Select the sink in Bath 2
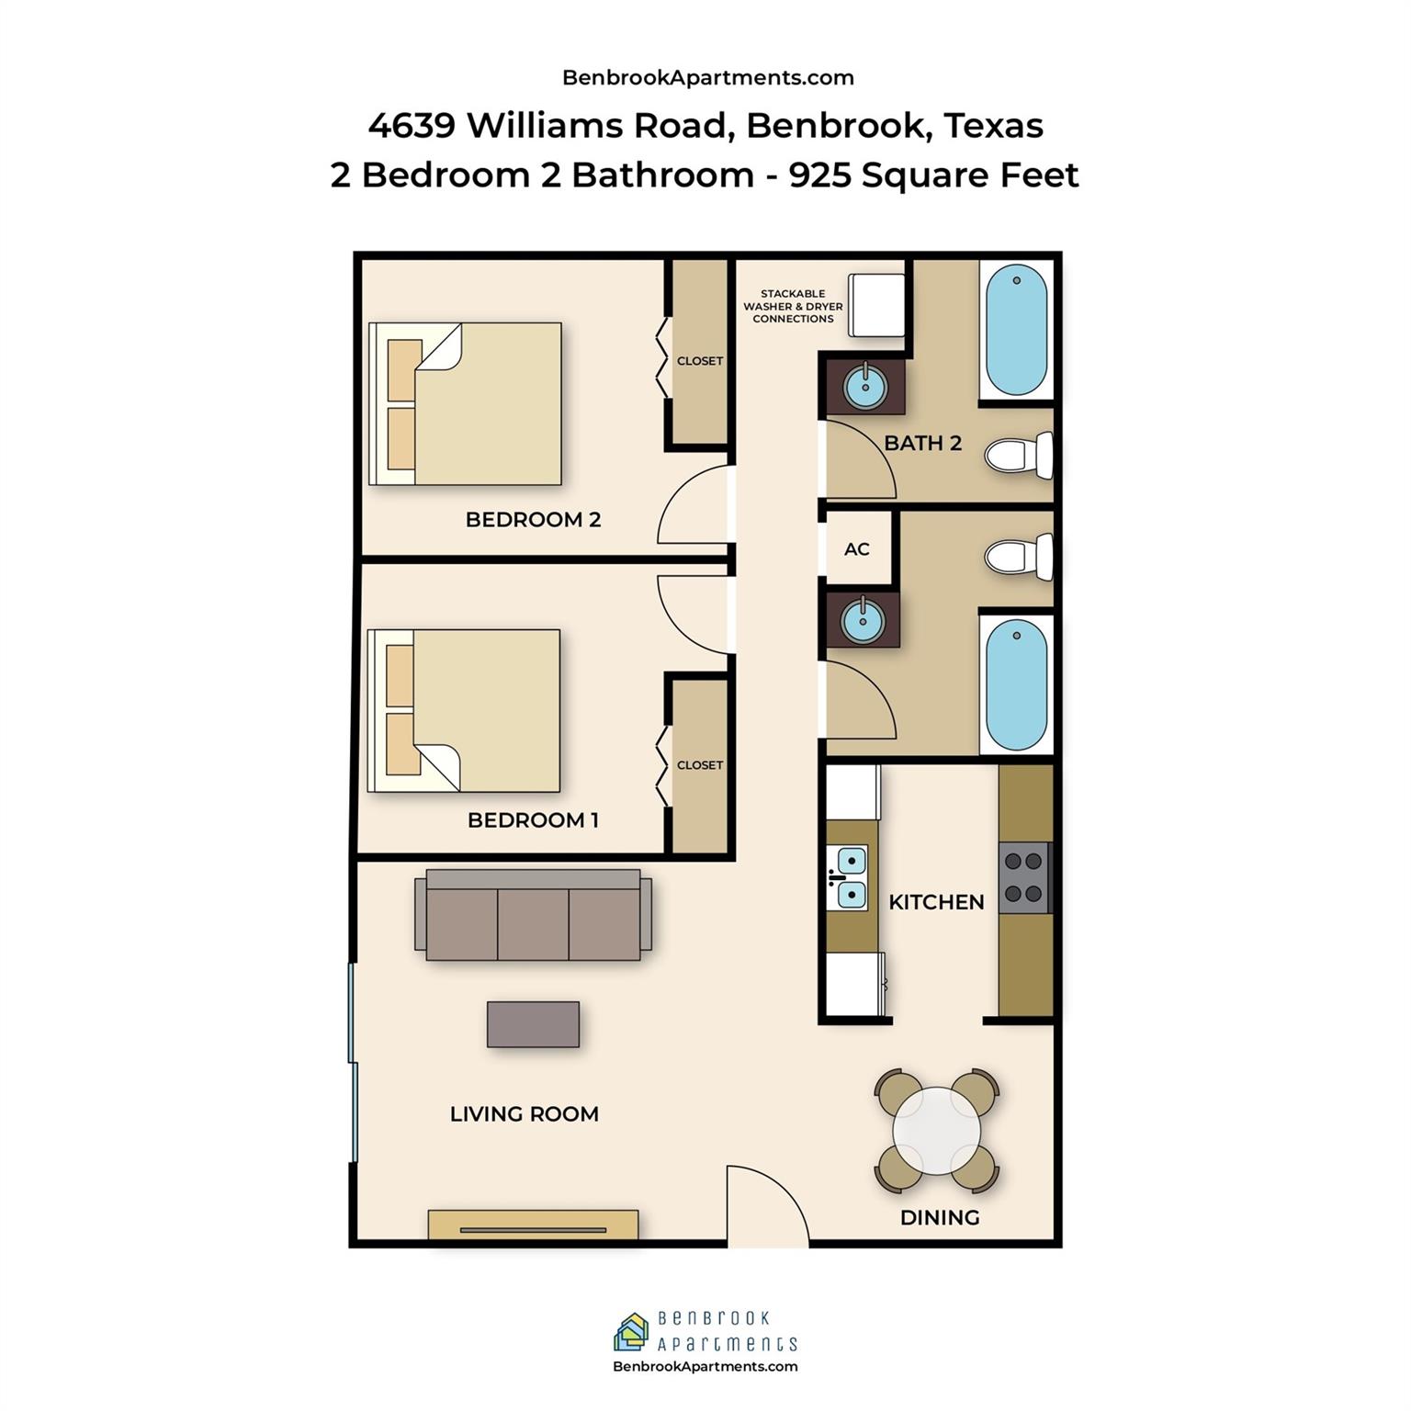click(864, 387)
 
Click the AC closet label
click(856, 549)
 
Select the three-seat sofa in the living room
click(533, 914)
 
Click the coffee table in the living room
click(533, 1024)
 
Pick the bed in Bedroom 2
click(465, 403)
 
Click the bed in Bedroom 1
click(464, 710)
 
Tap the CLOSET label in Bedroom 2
click(700, 361)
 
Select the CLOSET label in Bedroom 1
click(700, 765)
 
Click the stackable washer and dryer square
click(876, 305)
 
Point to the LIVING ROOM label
click(525, 1114)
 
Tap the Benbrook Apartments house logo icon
click(631, 1332)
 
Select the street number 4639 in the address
click(412, 125)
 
